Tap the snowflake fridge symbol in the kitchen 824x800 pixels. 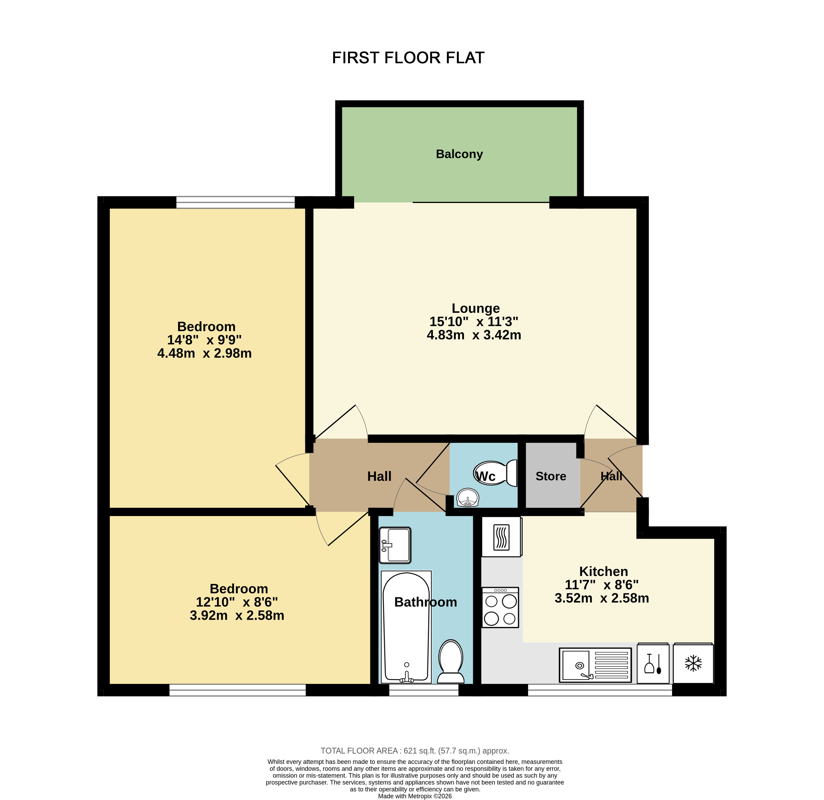tap(693, 664)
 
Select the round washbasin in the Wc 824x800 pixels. tap(468, 498)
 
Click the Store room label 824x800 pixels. tap(551, 476)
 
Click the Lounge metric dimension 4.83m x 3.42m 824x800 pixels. tap(474, 335)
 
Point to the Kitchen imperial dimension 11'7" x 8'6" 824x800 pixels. tap(602, 585)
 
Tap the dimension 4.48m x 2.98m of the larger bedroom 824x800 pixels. tap(204, 353)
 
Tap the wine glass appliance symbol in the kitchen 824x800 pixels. tap(653, 664)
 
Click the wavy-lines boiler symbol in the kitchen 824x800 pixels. tap(501, 537)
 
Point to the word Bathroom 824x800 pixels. tap(425, 602)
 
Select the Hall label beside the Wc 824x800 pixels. tap(379, 476)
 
